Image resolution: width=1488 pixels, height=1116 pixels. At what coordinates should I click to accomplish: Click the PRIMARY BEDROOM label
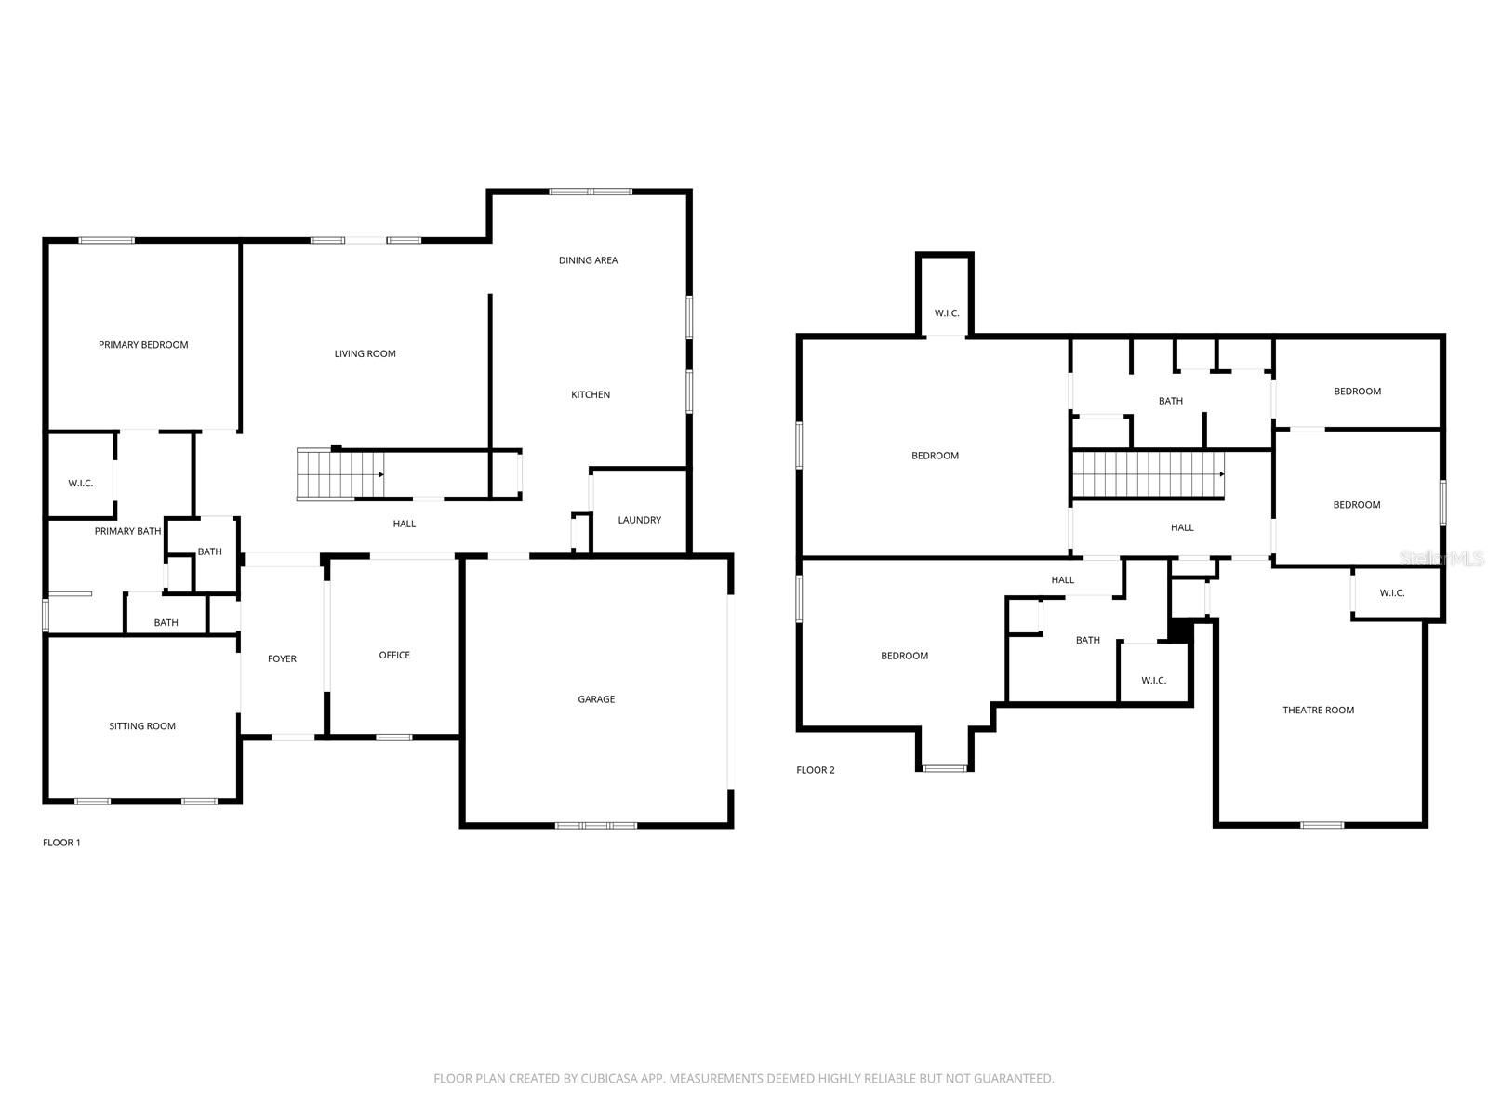coord(143,345)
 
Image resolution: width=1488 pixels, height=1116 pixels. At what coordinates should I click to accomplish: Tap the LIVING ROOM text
coord(365,353)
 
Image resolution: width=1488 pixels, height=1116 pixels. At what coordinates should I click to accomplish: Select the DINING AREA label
coord(588,260)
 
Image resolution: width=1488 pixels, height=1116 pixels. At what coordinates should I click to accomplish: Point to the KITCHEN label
coord(591,395)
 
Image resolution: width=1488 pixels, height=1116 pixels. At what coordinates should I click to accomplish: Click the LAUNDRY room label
coord(640,520)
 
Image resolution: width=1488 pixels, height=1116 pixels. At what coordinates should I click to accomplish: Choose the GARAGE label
coord(596,699)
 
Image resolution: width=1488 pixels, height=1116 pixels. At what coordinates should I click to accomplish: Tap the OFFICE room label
coord(394,656)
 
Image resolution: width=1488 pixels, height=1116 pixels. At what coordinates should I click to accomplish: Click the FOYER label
coord(282,659)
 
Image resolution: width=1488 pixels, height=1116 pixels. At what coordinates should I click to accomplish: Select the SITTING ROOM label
coord(142,726)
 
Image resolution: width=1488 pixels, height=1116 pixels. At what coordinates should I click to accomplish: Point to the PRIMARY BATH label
coord(127,532)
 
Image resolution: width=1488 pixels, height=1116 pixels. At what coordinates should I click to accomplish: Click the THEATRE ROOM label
coord(1318,711)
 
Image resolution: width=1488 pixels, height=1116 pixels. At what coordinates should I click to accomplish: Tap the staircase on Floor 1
coord(340,474)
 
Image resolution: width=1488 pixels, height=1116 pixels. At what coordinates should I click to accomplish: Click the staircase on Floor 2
coord(1148,474)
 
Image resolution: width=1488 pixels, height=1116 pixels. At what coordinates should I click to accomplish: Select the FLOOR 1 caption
coord(61,843)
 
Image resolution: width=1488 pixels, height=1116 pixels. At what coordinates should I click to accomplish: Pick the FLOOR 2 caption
coord(816,770)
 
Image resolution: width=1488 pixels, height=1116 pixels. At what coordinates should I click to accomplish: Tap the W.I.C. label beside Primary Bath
coord(81,484)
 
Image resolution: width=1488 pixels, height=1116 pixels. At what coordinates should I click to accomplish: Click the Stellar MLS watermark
coord(1442,558)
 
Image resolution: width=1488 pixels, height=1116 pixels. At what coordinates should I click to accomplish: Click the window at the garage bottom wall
coord(596,825)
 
